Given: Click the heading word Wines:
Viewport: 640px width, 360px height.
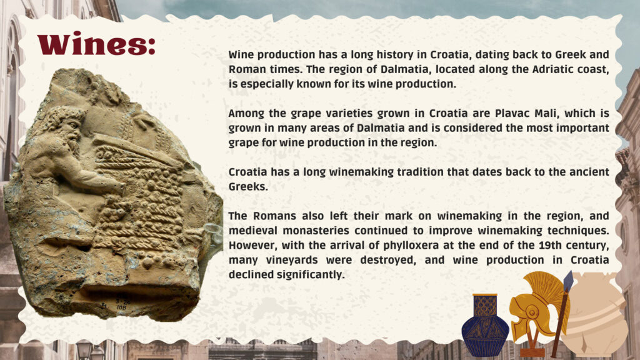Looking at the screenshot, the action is [x=96, y=44].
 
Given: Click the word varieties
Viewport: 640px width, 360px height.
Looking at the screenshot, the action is [x=317, y=113].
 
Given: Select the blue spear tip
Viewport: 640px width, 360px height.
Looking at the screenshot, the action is [x=567, y=282].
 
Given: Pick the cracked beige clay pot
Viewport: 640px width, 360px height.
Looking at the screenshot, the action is [x=595, y=314].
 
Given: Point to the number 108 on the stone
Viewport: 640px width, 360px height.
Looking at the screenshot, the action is [x=122, y=307].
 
